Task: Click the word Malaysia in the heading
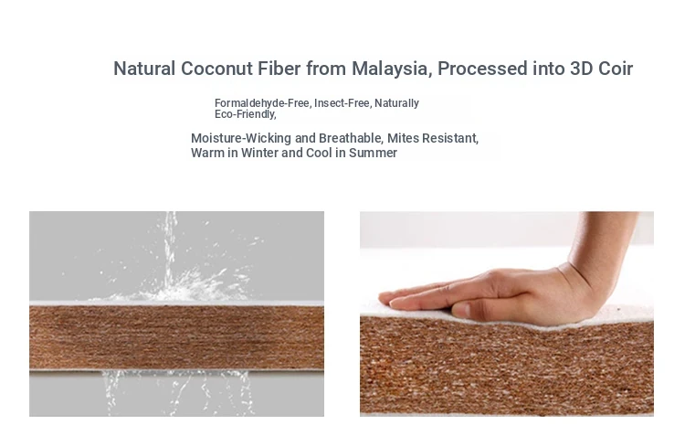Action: click(x=392, y=69)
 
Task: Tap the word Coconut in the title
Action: click(x=216, y=69)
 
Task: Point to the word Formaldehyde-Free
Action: click(x=262, y=103)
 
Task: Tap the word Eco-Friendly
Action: click(x=245, y=114)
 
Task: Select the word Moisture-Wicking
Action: click(x=241, y=138)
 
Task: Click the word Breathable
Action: click(x=351, y=138)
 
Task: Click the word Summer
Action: click(x=373, y=153)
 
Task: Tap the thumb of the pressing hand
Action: click(x=469, y=310)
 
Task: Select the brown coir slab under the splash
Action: click(x=176, y=337)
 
